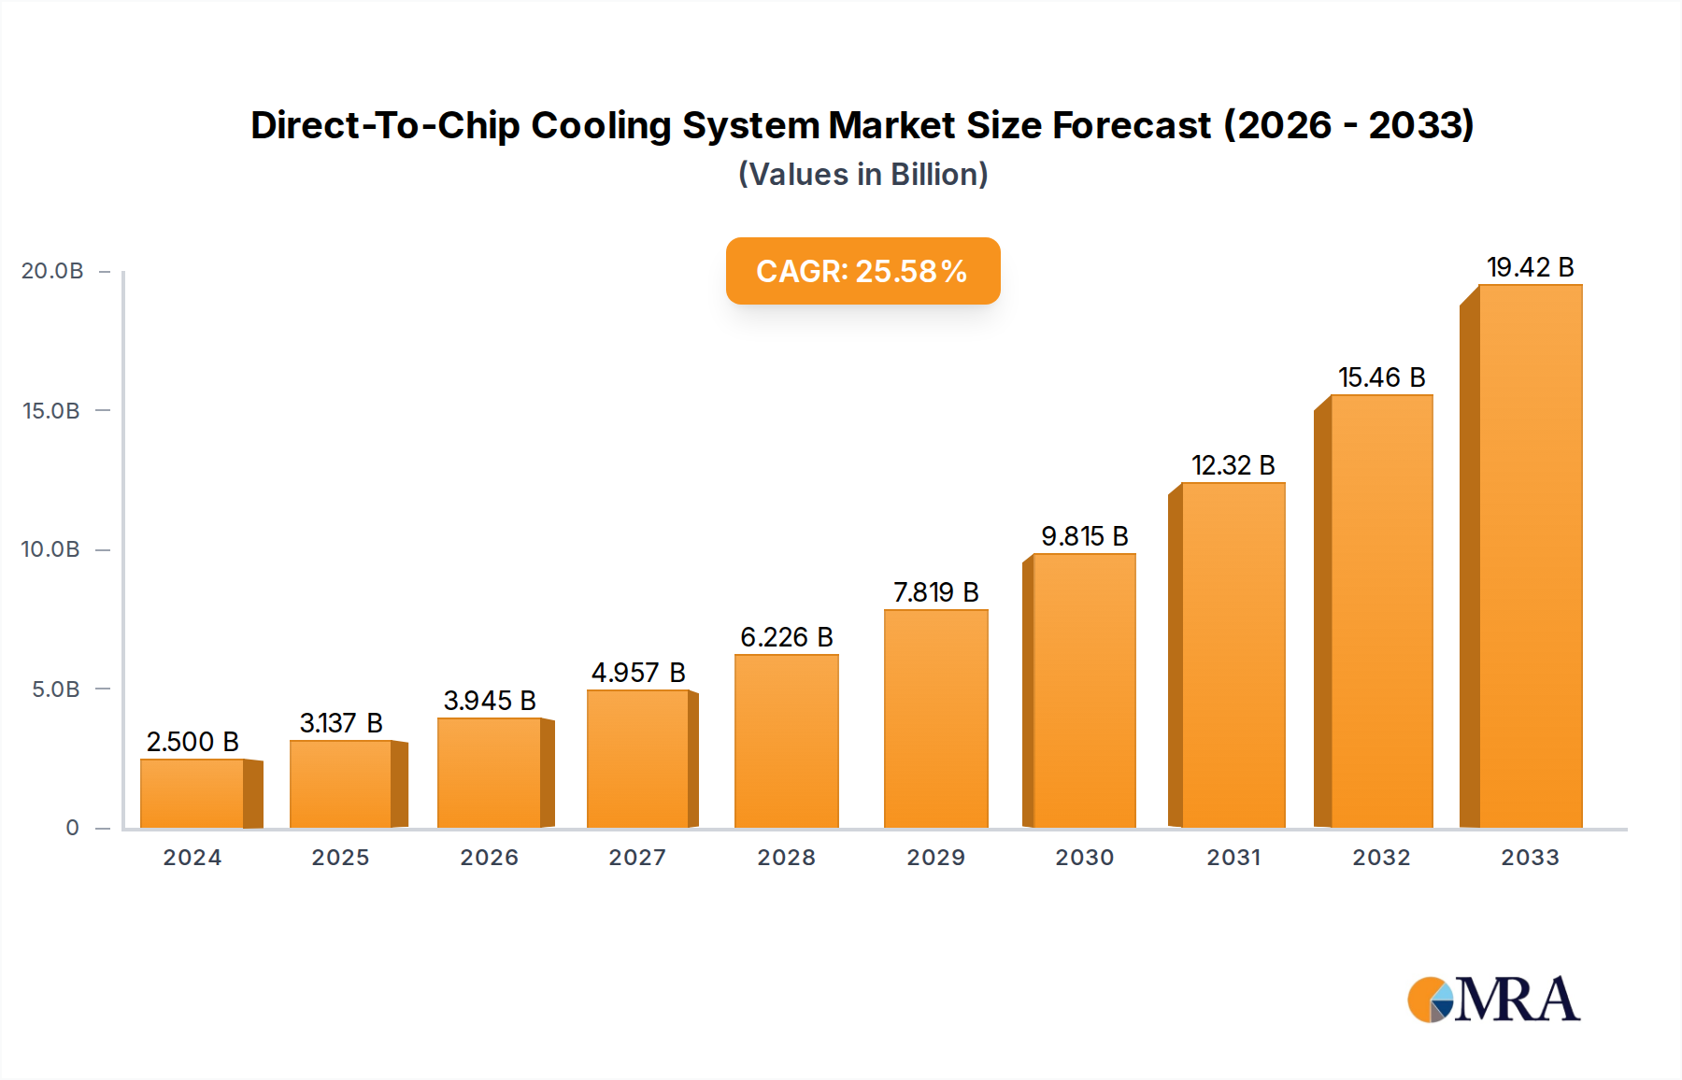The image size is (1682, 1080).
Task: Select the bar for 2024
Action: [x=192, y=793]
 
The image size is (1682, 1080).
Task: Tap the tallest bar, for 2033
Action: [x=1530, y=557]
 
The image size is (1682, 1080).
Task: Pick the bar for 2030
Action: [x=1084, y=690]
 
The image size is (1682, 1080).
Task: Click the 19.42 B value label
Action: [x=1530, y=267]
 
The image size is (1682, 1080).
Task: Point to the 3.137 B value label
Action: [x=341, y=723]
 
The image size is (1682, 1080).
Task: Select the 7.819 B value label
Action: [x=935, y=592]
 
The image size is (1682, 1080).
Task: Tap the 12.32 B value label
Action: [x=1233, y=465]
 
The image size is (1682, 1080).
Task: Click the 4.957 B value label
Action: [x=638, y=673]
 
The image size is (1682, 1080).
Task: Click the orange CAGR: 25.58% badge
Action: [x=862, y=271]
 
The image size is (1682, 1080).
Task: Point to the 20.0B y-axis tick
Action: [x=52, y=271]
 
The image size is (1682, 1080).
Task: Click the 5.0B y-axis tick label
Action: [x=56, y=689]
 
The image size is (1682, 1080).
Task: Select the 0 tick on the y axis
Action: [x=72, y=828]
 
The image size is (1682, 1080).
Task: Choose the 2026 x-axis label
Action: [x=489, y=858]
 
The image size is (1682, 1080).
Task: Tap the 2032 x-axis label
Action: [x=1381, y=858]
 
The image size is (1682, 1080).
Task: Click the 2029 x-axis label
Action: [x=935, y=858]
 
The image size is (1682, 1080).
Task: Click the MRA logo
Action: [x=1493, y=1000]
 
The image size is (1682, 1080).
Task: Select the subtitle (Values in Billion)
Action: [x=862, y=175]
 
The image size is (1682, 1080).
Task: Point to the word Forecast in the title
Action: [x=1132, y=125]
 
